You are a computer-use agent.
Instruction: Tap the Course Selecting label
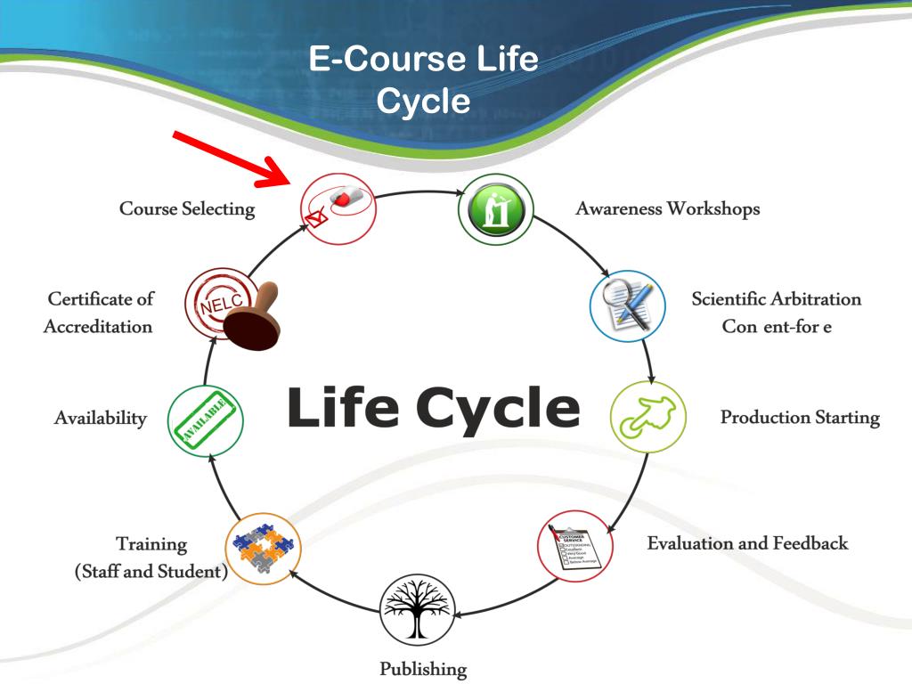(x=187, y=209)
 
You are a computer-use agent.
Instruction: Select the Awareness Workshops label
(x=668, y=208)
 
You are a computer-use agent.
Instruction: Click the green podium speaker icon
(x=496, y=211)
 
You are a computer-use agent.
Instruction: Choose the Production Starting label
(x=800, y=417)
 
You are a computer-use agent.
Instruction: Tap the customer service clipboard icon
(x=575, y=547)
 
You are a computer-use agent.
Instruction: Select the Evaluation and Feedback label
(x=747, y=542)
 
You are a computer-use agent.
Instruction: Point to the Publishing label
(x=423, y=667)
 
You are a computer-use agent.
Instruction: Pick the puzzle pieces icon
(x=264, y=545)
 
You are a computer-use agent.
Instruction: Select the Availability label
(x=100, y=418)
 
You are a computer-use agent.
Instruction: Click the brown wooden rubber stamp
(x=251, y=319)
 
